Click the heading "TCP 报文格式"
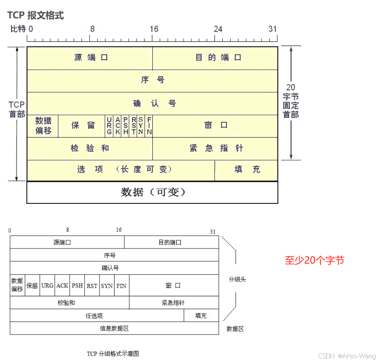(35, 15)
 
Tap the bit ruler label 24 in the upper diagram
(218, 29)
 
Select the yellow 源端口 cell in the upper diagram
(90, 58)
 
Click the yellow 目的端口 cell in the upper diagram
(215, 58)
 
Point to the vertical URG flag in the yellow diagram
(109, 126)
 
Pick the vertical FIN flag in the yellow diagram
(149, 126)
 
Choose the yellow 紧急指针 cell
(215, 148)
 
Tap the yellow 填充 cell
(247, 169)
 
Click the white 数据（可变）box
(152, 192)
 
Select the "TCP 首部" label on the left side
(17, 109)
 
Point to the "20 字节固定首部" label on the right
(291, 101)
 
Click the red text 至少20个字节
(314, 260)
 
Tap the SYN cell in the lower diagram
(107, 286)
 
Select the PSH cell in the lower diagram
(77, 286)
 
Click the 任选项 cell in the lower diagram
(94, 316)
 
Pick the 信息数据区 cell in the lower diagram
(114, 328)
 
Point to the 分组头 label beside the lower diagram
(237, 279)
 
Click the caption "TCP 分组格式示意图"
(113, 354)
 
